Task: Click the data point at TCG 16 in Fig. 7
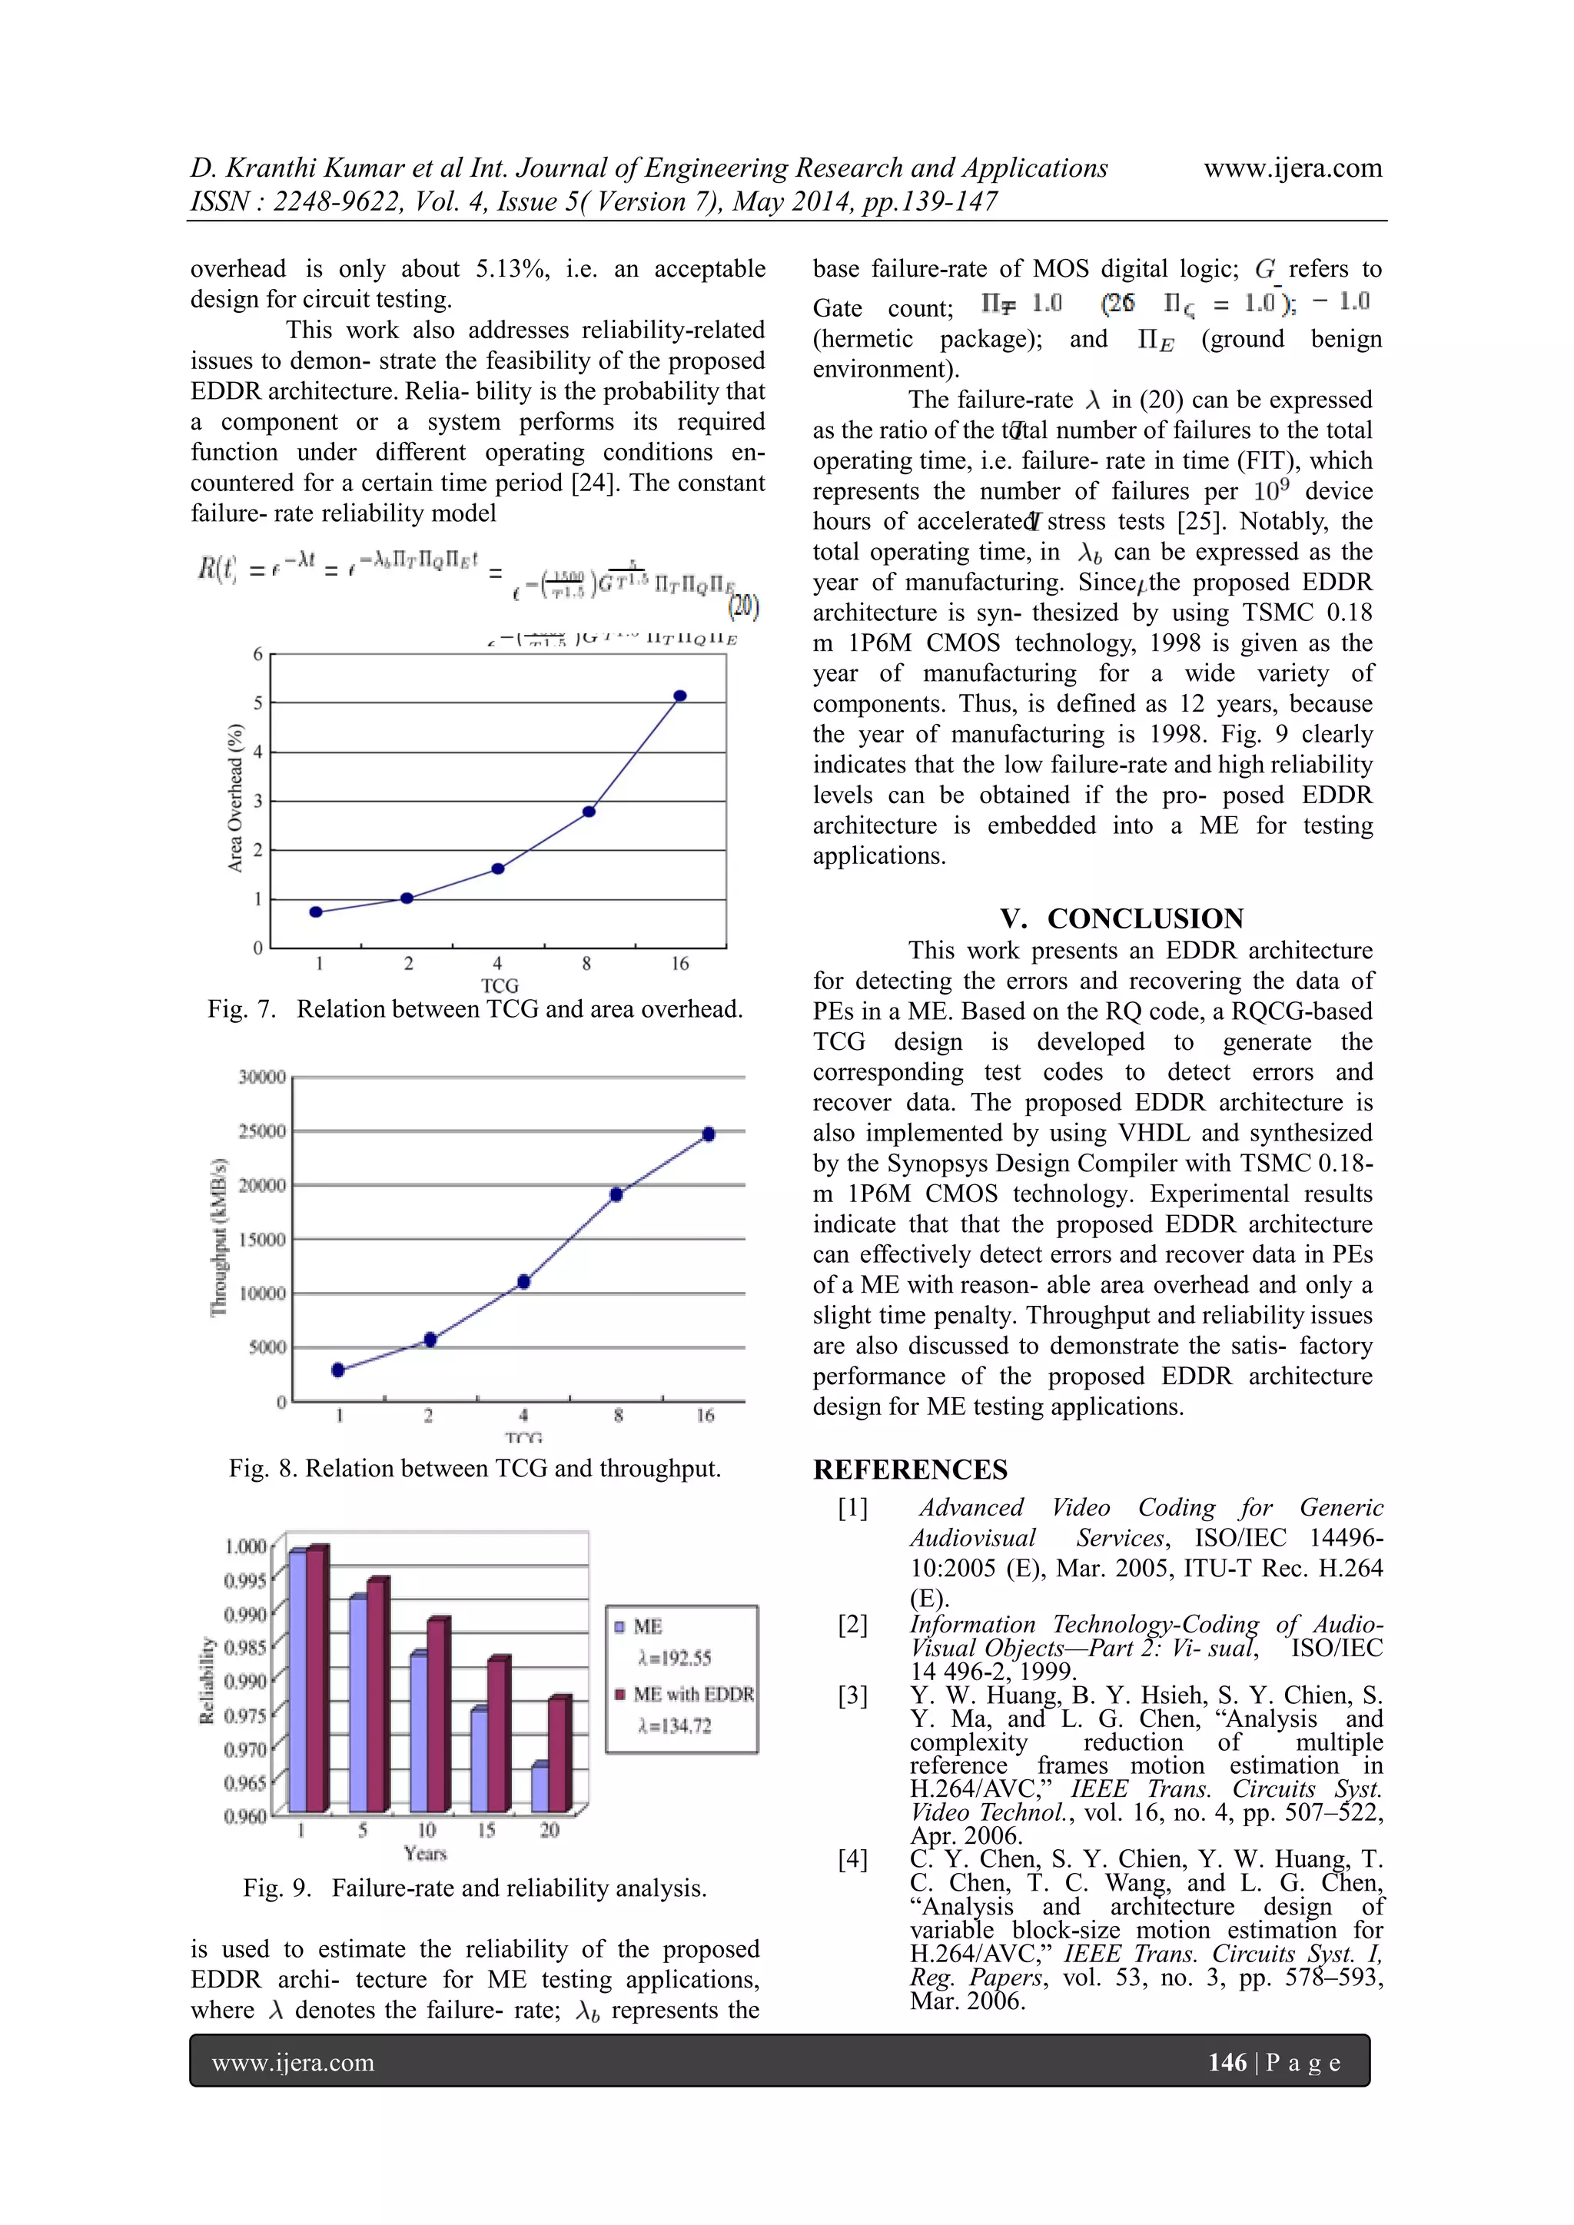(680, 696)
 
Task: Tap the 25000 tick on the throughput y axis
(261, 1131)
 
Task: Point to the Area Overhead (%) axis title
(234, 799)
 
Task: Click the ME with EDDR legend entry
(692, 1694)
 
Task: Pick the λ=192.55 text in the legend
(675, 1658)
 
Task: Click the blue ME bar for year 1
(297, 1682)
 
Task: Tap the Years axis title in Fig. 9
(424, 1853)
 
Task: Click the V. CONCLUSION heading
(1121, 918)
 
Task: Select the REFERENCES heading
(910, 1470)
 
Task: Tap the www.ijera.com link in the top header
(1292, 168)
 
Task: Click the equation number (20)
(743, 608)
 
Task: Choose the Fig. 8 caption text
(475, 1468)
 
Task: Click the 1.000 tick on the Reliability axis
(245, 1546)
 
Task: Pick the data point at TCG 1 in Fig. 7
(316, 912)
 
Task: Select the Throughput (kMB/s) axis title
(219, 1237)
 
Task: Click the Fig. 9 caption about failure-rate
(475, 1888)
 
